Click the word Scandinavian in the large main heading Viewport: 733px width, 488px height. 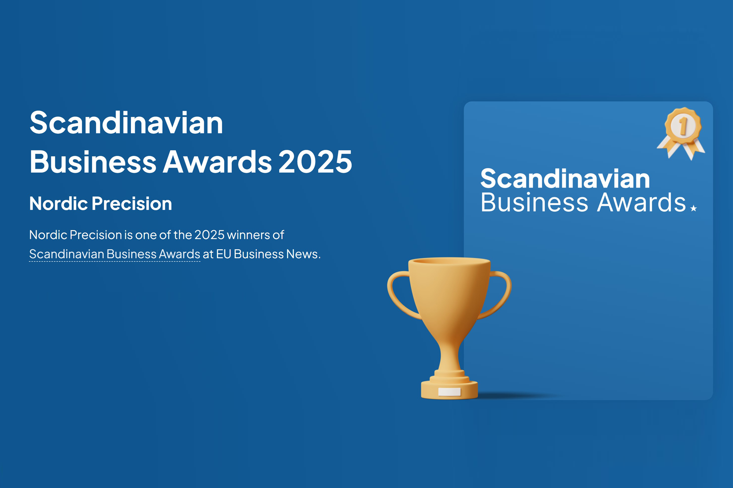click(126, 123)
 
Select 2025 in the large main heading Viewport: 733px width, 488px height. click(315, 161)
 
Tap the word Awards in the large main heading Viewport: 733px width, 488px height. click(217, 161)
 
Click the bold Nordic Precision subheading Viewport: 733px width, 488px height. click(100, 204)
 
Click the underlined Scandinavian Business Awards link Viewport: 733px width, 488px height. click(115, 254)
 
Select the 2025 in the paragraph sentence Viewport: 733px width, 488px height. click(209, 235)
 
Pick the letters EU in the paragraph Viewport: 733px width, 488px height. click(224, 254)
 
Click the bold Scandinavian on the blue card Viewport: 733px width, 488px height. click(565, 179)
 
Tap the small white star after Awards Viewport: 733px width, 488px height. click(693, 208)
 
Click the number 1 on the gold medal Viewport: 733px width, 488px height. click(683, 126)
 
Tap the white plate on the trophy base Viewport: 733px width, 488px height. click(449, 392)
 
